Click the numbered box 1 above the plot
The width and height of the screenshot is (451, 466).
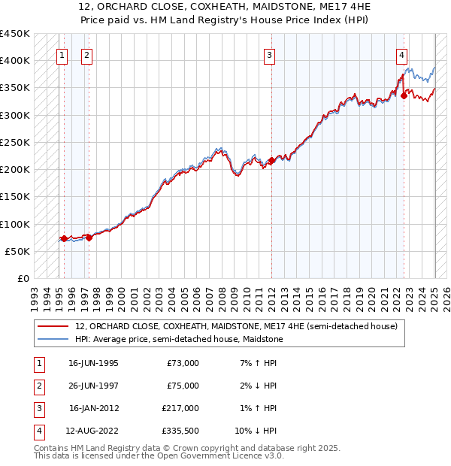point(62,54)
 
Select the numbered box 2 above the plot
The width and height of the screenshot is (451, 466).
point(86,54)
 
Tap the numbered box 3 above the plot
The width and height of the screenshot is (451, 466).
point(268,54)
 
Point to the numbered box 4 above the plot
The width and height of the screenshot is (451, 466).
point(402,54)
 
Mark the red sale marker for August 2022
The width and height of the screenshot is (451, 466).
point(404,95)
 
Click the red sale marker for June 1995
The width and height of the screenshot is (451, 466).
point(64,238)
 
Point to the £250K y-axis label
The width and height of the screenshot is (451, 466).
point(15,142)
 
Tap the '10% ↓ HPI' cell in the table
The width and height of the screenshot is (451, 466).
point(256,431)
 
